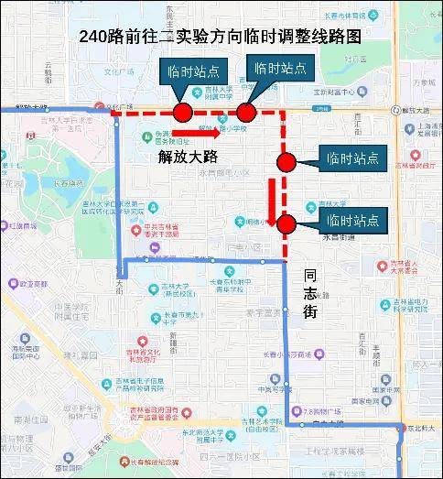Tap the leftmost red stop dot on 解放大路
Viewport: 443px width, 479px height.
coord(182,113)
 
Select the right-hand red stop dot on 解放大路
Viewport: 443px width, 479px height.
coord(245,113)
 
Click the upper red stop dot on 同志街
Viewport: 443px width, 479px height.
coord(286,162)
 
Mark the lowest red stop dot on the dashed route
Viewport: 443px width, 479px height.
coord(286,223)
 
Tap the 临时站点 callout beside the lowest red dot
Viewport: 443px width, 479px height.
coord(352,220)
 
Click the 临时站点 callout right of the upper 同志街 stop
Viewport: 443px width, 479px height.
coord(352,158)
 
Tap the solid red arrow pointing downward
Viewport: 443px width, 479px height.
coord(272,202)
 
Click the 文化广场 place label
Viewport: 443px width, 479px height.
coord(120,71)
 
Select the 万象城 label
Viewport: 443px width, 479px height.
coord(423,82)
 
